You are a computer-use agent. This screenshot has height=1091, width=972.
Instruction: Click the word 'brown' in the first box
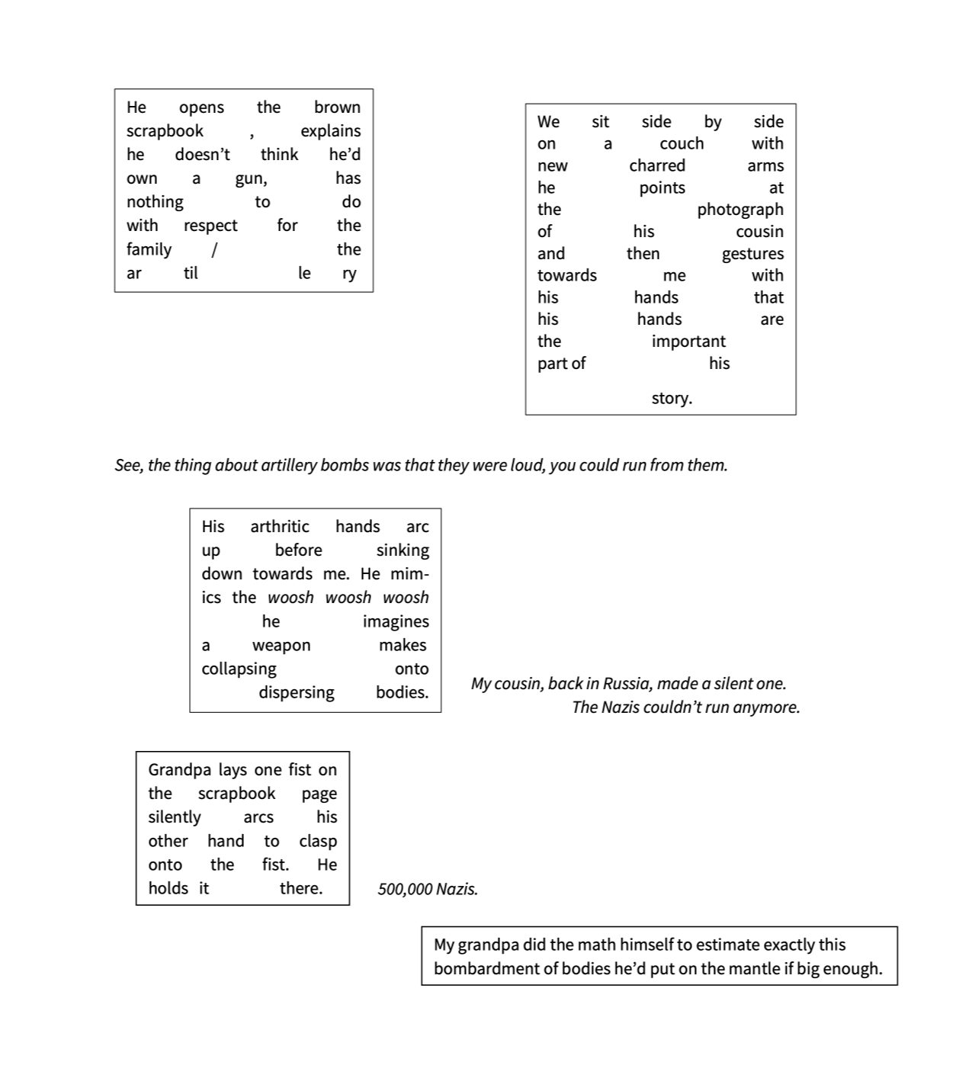337,107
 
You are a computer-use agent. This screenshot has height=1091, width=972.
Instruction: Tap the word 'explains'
330,131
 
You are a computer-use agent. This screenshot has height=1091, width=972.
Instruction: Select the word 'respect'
210,226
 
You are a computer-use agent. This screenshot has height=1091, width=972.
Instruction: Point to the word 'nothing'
155,202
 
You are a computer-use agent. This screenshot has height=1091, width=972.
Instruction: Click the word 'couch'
681,144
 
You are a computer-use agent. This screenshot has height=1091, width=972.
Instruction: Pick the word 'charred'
657,165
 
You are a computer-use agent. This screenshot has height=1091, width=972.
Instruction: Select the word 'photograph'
739,210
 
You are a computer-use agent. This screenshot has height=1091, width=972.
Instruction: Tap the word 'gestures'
752,254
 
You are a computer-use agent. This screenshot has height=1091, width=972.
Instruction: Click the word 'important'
688,342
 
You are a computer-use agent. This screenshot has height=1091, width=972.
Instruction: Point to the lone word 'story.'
672,398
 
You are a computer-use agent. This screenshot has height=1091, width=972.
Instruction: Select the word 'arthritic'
280,527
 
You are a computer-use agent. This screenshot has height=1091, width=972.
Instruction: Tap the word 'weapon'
281,645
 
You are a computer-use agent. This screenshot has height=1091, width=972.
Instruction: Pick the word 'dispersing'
296,692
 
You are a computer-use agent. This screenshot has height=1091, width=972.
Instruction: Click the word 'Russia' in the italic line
626,683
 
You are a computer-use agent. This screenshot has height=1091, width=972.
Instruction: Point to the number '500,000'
405,889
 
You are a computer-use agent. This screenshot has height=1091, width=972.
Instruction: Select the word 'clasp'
318,841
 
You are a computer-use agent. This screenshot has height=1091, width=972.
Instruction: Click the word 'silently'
175,817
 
